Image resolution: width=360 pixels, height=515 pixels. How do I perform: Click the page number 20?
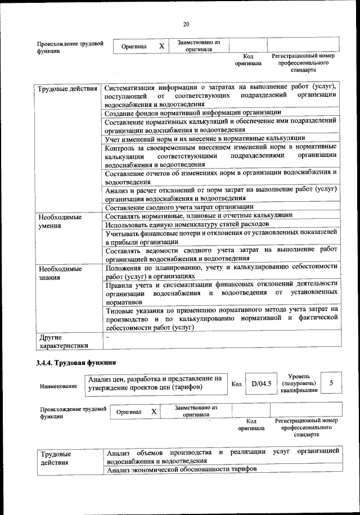point(186,24)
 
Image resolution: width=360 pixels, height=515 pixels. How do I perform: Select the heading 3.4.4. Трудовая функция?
point(76,362)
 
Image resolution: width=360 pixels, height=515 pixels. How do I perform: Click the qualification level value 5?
point(332,383)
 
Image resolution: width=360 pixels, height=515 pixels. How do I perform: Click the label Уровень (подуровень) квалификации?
point(301,383)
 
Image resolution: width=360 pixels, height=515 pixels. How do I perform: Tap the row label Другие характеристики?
point(62,341)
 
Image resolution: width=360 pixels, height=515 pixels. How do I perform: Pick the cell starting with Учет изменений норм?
point(205,138)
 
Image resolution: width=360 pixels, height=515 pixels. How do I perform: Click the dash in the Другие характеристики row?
point(107,337)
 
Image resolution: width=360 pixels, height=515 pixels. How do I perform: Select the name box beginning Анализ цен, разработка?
point(155,383)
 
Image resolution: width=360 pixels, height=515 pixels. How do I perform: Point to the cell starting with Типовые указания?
point(221,318)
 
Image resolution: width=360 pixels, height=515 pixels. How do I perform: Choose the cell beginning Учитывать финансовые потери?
point(221,236)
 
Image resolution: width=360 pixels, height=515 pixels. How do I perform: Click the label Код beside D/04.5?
point(237,384)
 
